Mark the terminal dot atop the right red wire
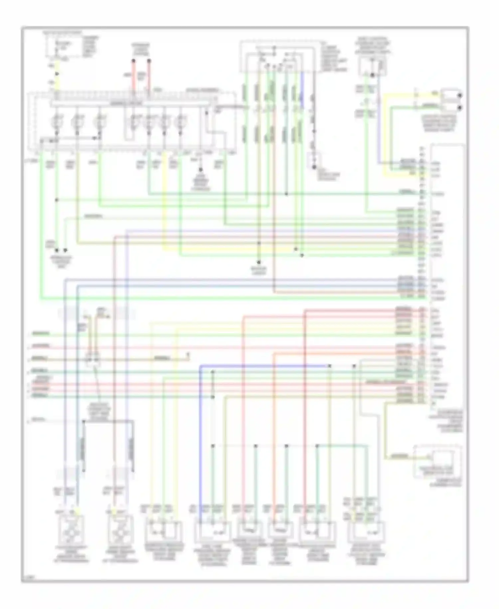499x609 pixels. click(x=149, y=61)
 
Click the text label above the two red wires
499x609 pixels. click(x=140, y=49)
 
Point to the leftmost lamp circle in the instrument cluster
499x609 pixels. click(x=57, y=122)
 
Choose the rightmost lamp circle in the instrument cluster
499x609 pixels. click(x=181, y=122)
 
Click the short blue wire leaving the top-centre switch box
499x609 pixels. click(x=302, y=90)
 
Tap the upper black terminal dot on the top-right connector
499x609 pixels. click(x=460, y=96)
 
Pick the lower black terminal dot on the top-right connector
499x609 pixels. click(x=460, y=108)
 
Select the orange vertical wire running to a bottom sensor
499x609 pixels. click(x=273, y=433)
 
